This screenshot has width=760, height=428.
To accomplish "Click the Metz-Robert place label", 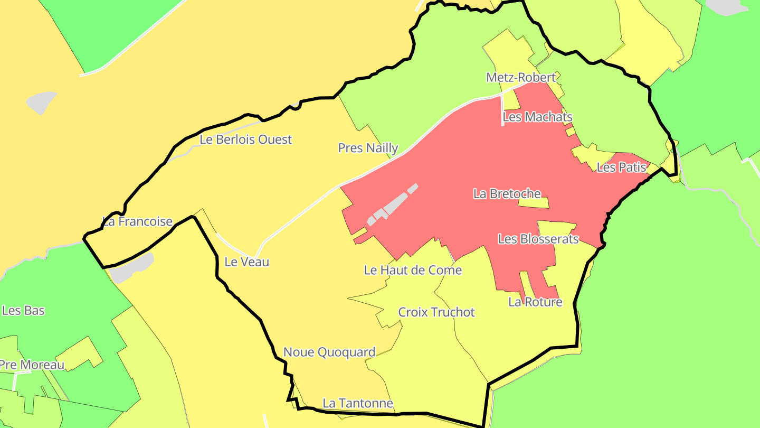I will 521,78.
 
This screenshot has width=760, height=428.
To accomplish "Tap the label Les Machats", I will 537,117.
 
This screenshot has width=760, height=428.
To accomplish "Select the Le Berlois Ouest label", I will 245,139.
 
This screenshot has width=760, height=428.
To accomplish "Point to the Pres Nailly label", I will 368,148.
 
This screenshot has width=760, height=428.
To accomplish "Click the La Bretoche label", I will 507,194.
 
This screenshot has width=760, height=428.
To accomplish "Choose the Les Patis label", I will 621,168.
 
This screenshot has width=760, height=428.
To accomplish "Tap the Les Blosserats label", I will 538,239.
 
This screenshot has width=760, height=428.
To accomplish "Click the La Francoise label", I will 137,221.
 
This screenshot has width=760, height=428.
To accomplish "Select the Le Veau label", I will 246,262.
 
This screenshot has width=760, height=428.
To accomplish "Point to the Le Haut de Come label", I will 413,271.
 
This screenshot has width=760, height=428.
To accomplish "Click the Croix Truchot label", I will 436,312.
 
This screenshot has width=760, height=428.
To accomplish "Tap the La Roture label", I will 535,302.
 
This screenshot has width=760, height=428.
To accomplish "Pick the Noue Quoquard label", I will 329,352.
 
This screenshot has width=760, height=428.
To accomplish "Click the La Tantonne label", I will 358,403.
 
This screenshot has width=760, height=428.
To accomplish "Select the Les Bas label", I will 23,310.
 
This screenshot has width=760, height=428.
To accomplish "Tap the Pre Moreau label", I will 32,365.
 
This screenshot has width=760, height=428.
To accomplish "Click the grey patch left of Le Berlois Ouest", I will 42,103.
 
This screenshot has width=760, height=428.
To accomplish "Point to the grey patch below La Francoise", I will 132,267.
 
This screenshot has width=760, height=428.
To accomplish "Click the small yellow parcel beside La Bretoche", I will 534,203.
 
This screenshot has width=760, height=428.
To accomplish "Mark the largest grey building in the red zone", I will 395,203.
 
